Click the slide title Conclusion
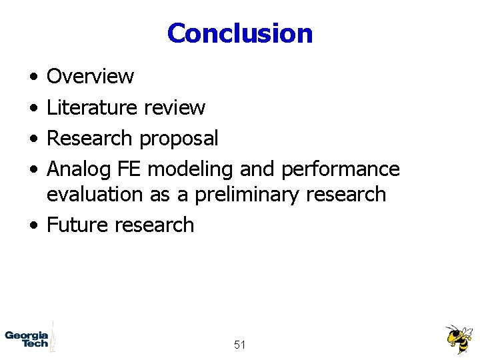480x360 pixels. (x=240, y=33)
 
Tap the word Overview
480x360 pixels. (x=90, y=77)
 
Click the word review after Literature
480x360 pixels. (x=175, y=107)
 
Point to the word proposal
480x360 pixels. (x=178, y=139)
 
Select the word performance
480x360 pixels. (x=340, y=170)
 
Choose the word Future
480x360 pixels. (x=78, y=225)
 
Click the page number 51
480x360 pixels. (x=240, y=345)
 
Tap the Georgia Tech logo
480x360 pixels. (x=28, y=338)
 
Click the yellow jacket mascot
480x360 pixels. (x=459, y=339)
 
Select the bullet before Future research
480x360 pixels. (x=33, y=225)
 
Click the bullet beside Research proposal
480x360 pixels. (x=33, y=139)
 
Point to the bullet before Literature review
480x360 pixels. (x=33, y=108)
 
